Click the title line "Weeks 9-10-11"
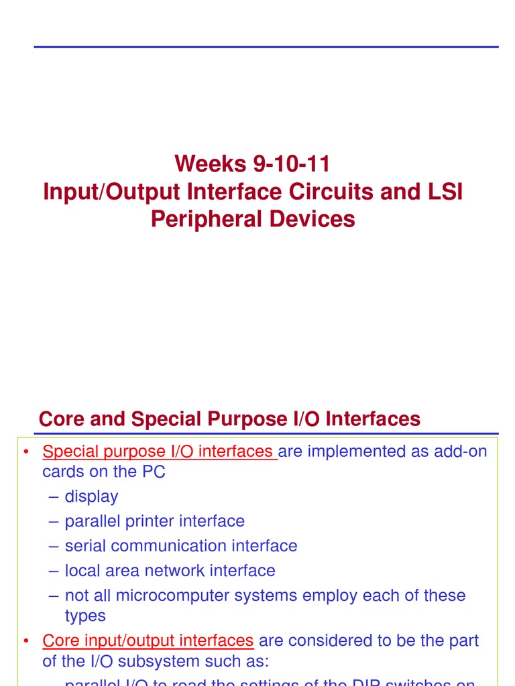click(253, 163)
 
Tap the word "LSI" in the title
click(442, 192)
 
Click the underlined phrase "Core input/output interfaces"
click(148, 641)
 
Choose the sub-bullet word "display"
click(91, 496)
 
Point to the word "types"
click(85, 616)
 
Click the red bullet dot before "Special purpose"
click(25, 452)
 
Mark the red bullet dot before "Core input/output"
click(25, 642)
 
